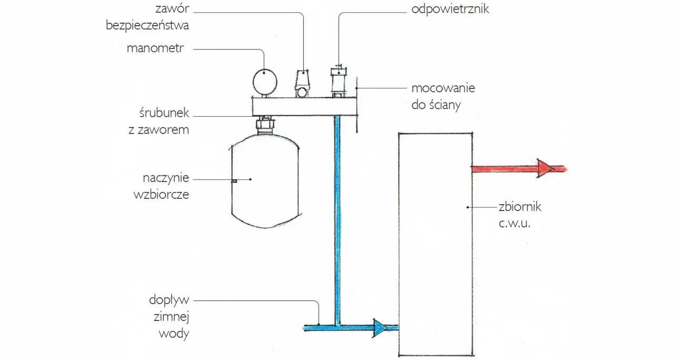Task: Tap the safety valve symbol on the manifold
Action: point(302,85)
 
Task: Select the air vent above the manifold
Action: point(337,82)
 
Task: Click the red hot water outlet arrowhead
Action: point(546,169)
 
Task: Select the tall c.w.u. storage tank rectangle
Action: point(434,245)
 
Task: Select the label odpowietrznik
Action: point(450,9)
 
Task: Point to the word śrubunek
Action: point(161,114)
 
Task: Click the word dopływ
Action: point(169,301)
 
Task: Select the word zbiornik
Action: point(519,207)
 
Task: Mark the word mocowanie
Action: point(443,88)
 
